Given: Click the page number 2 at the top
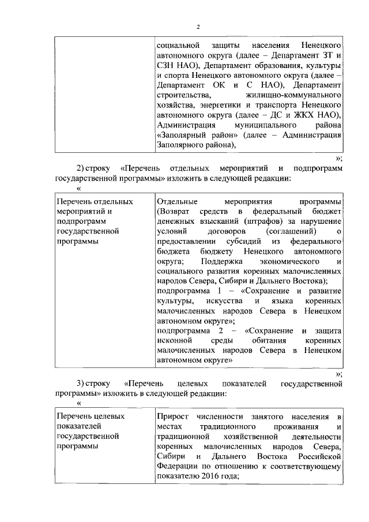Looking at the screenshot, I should [x=197, y=27].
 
